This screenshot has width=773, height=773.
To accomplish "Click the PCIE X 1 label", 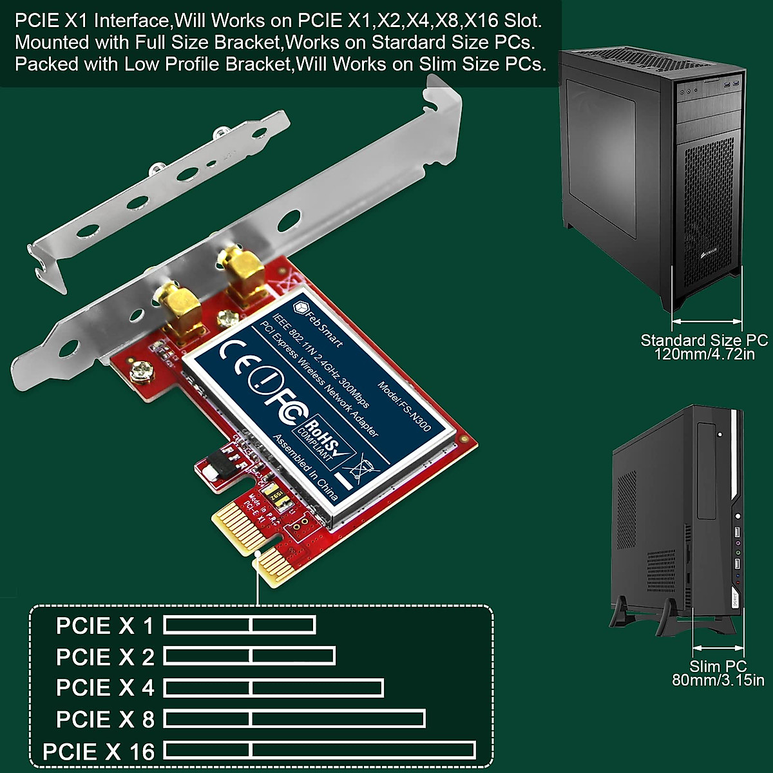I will (105, 626).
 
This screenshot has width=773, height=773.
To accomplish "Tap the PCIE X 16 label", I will (99, 751).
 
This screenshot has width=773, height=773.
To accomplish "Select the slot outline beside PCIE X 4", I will (274, 688).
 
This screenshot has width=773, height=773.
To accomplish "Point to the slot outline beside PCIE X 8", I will (294, 719).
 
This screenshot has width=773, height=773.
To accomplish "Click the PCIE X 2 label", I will (105, 657).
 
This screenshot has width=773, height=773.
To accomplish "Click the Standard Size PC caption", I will (703, 340).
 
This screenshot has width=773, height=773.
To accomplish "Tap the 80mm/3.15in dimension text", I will (718, 680).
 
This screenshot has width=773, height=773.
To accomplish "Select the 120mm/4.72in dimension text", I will (703, 354).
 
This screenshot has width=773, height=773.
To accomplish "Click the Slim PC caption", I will (718, 666).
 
